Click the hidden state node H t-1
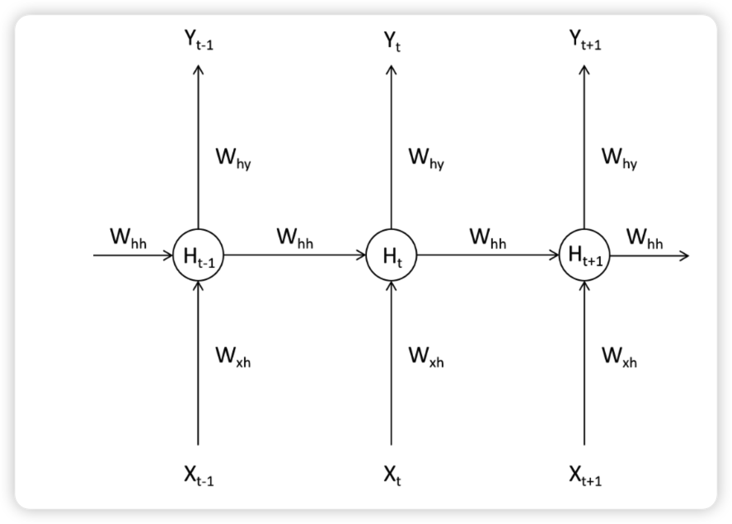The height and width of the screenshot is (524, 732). (x=198, y=255)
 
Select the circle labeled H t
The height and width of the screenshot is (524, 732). (x=391, y=255)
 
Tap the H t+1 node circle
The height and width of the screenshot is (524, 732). (x=584, y=255)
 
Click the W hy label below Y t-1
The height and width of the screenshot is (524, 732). (x=233, y=158)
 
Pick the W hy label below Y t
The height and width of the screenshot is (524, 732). (x=426, y=158)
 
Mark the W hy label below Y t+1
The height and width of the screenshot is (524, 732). (x=619, y=158)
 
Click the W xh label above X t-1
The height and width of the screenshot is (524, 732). (x=232, y=357)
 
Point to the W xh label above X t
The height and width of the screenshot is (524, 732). (x=425, y=357)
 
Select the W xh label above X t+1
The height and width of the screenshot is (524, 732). (x=618, y=357)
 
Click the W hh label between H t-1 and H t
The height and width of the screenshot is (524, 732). (x=294, y=238)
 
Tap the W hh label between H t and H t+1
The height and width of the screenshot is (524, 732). (x=488, y=238)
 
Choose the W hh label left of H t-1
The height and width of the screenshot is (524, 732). (x=128, y=238)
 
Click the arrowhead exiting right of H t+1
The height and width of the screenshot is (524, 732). (x=683, y=255)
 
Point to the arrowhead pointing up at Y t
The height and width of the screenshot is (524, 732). (x=391, y=69)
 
